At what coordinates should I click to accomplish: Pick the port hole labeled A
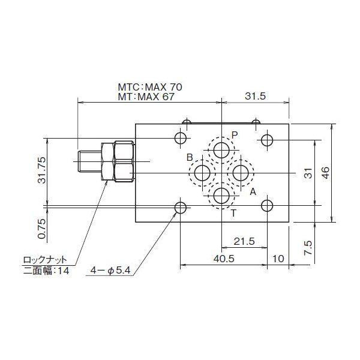pos(242,173)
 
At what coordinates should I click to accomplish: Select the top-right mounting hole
pos(268,140)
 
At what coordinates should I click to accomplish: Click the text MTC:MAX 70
pos(149,87)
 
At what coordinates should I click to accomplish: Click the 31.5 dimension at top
pos(256,97)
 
